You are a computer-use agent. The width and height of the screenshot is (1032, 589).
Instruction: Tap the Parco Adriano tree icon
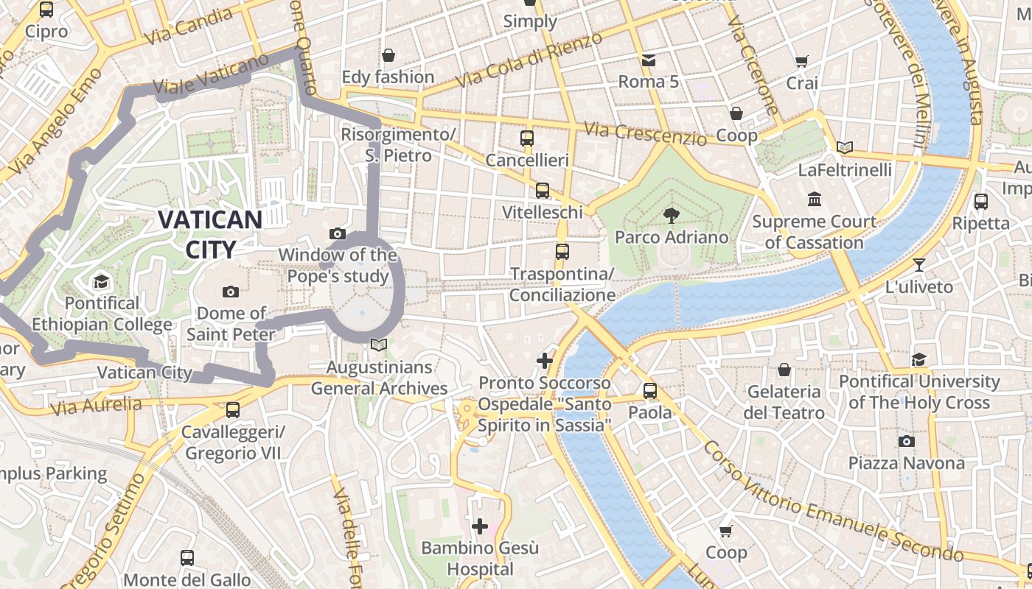(671, 215)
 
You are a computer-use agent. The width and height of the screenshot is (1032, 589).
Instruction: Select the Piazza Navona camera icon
(906, 441)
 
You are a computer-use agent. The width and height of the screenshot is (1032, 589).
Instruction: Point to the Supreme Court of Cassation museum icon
(815, 200)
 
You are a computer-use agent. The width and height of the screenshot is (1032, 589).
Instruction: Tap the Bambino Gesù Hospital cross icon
(480, 526)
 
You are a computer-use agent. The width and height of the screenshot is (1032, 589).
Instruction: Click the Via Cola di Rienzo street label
(529, 60)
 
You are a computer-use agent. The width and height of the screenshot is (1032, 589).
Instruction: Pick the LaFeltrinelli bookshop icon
(845, 148)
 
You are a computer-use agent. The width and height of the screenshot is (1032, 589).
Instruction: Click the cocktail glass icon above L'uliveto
(918, 265)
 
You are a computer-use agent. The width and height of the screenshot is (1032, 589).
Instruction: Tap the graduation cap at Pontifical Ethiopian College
(101, 281)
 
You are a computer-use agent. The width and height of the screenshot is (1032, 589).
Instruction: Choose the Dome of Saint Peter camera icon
(231, 292)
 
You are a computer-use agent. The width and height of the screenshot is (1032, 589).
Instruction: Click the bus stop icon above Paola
(649, 390)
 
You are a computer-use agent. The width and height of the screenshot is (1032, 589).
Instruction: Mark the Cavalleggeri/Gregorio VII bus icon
(233, 409)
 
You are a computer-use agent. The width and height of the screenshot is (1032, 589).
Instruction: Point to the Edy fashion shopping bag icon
(388, 55)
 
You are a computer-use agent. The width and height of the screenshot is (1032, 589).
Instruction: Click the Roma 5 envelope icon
(648, 60)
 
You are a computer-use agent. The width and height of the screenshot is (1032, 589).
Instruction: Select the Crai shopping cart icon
(802, 62)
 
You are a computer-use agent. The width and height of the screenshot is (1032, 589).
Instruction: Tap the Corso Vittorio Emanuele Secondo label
(833, 501)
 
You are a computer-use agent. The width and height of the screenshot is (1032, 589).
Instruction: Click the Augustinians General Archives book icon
(379, 345)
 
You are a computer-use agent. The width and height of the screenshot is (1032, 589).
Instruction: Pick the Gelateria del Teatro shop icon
(784, 369)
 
